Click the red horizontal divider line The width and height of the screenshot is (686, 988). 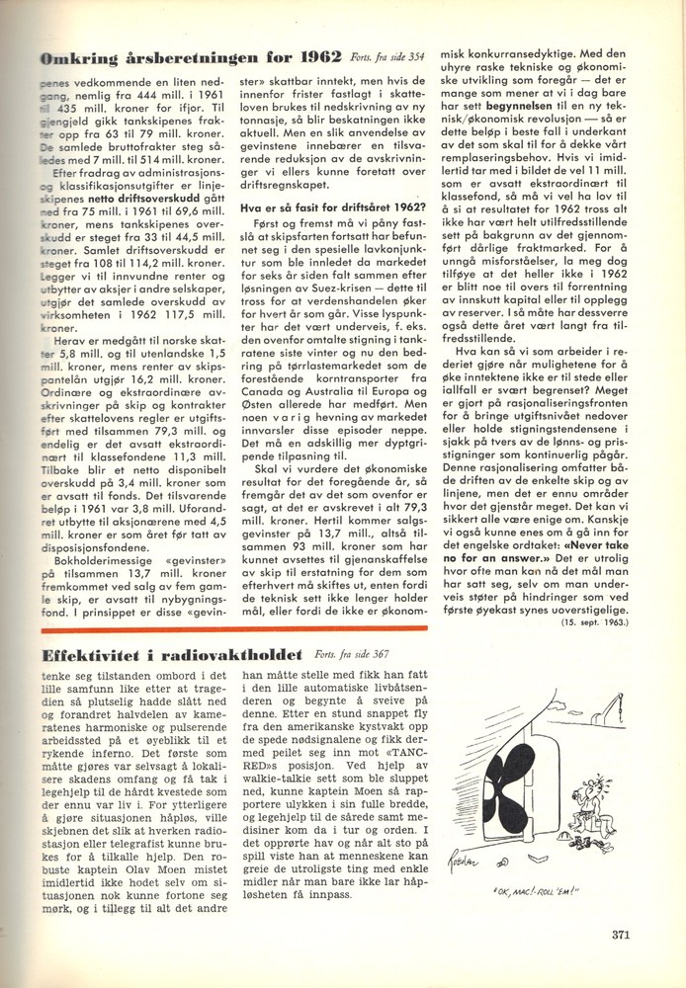click(x=237, y=628)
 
